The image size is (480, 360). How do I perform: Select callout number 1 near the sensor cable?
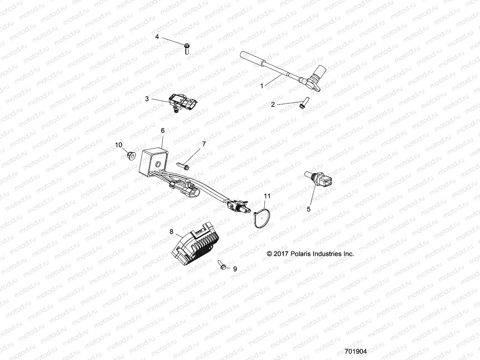pyautogui.click(x=262, y=86)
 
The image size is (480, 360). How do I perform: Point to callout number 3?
pyautogui.click(x=147, y=99)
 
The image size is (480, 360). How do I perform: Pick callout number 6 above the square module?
pyautogui.click(x=163, y=130)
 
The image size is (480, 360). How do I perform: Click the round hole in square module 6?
pyautogui.click(x=157, y=164)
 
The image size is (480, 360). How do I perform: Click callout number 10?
pyautogui.click(x=119, y=145)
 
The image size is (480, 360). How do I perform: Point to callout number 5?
pyautogui.click(x=309, y=209)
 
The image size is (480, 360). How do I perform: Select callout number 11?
pyautogui.click(x=267, y=196)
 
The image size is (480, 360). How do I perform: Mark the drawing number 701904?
pyautogui.click(x=356, y=351)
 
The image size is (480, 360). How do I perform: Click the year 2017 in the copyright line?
pyautogui.click(x=281, y=254)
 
